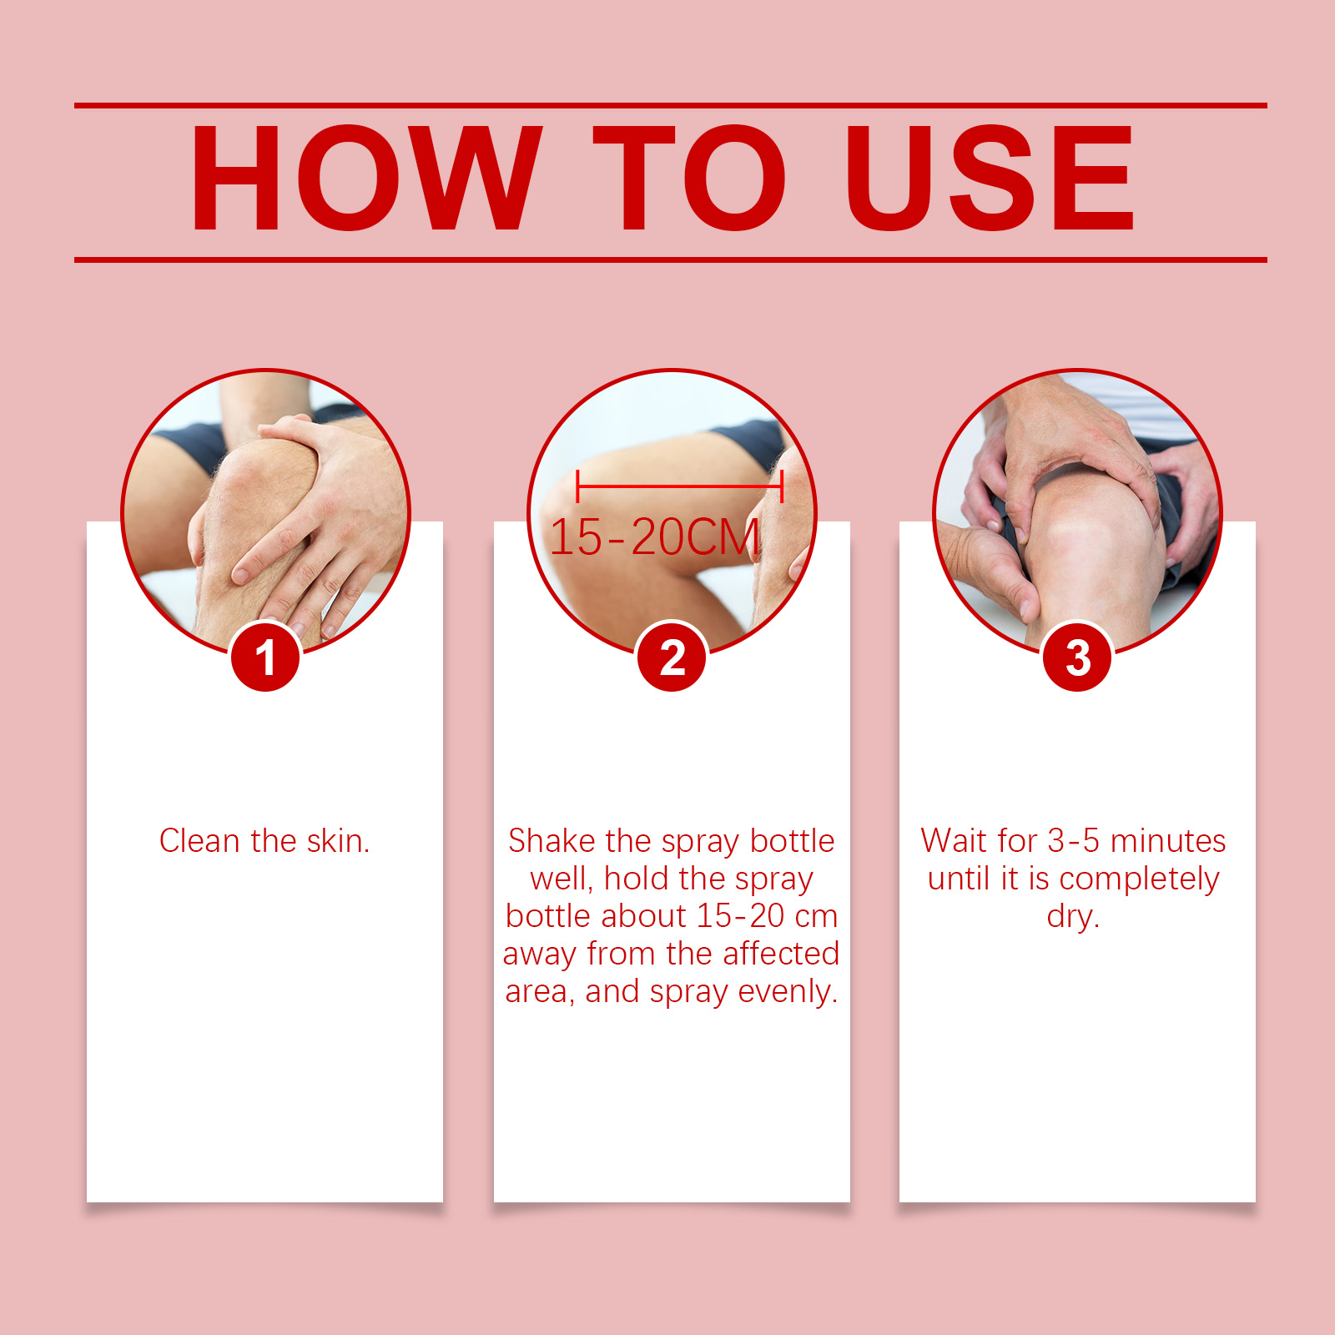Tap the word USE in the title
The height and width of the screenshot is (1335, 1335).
pyautogui.click(x=990, y=178)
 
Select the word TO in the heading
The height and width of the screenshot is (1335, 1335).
pyautogui.click(x=689, y=178)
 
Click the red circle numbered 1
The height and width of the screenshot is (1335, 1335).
pyautogui.click(x=265, y=657)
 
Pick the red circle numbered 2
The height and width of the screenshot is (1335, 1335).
pyautogui.click(x=672, y=657)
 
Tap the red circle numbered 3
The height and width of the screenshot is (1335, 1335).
pyautogui.click(x=1078, y=657)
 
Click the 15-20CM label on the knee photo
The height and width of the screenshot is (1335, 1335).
pyautogui.click(x=655, y=537)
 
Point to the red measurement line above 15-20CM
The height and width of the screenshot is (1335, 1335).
pyautogui.click(x=679, y=485)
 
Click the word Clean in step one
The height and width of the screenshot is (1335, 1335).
pyautogui.click(x=199, y=841)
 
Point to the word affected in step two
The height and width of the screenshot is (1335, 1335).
pyautogui.click(x=781, y=953)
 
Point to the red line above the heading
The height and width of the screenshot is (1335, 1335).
pyautogui.click(x=671, y=106)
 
